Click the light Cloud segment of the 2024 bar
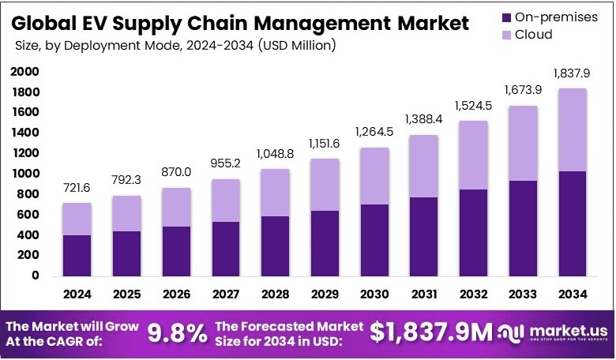pos(77,219)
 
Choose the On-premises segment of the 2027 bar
pos(227,249)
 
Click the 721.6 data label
pos(77,188)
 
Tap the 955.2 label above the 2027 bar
pos(227,164)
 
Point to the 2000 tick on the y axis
pos(24,72)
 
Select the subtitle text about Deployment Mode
pos(175,45)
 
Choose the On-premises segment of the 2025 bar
pos(127,253)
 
